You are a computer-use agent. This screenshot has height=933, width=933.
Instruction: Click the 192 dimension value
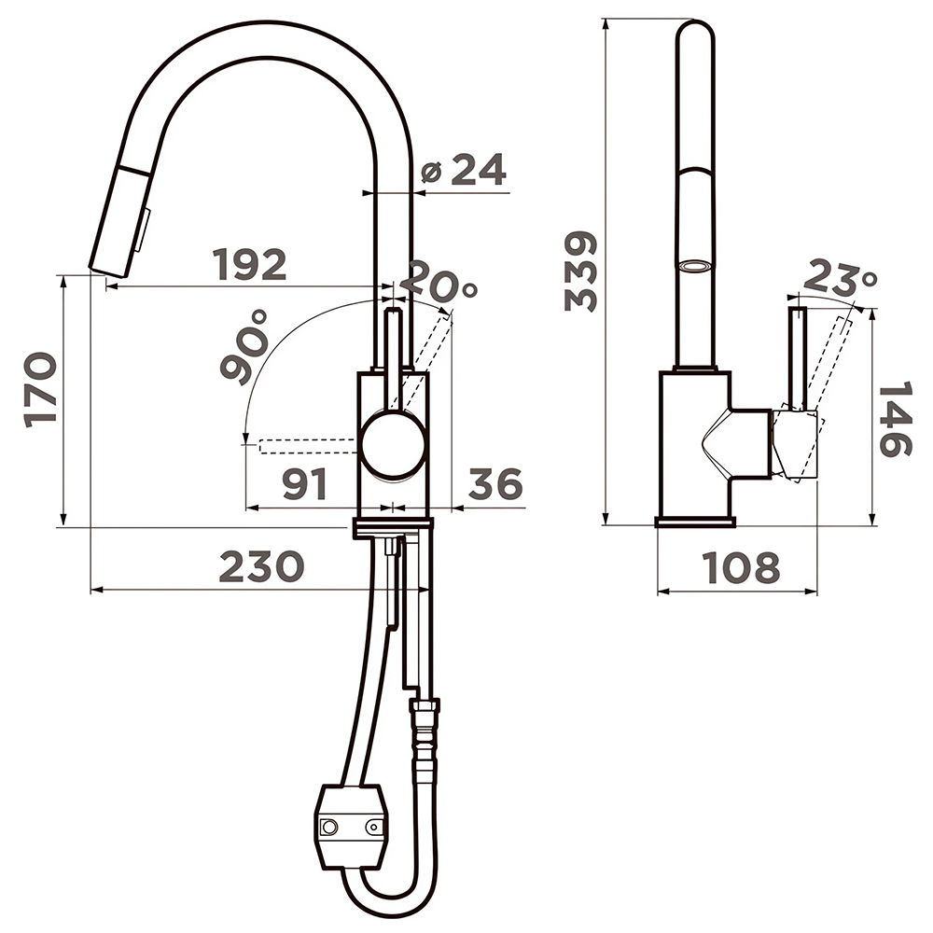(x=249, y=265)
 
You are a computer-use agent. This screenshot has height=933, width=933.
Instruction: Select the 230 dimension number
(x=262, y=566)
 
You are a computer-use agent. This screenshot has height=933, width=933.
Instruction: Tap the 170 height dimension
(x=41, y=390)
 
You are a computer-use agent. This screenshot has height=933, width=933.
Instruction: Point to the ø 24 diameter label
(x=464, y=170)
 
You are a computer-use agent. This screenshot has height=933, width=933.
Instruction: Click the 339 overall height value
(x=580, y=272)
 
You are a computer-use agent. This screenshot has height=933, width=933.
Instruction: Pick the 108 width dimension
(x=741, y=567)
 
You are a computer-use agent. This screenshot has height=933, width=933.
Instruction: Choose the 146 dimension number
(x=895, y=420)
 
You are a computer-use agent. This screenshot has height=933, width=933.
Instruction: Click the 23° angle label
(x=840, y=277)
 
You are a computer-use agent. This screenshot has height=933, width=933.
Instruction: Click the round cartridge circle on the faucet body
(x=393, y=444)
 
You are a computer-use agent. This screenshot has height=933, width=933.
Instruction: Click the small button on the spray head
(x=143, y=230)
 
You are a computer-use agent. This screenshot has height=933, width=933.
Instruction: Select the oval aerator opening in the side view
(x=695, y=265)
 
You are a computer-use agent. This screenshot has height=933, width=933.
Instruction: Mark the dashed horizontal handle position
(x=308, y=446)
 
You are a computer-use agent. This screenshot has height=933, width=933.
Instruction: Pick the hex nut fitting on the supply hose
(x=425, y=706)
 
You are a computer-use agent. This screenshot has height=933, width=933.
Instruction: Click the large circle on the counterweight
(x=329, y=827)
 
